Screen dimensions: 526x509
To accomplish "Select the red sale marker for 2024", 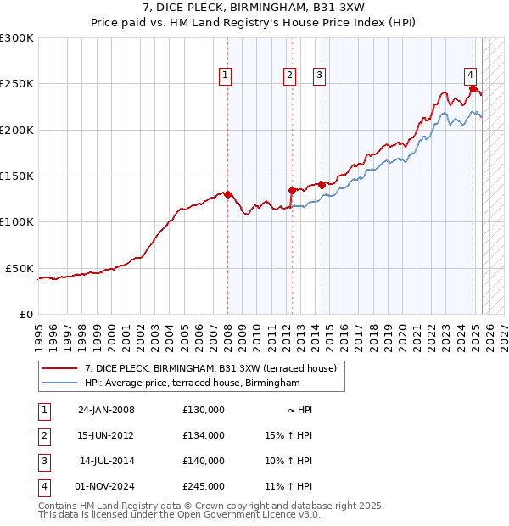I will click(473, 87).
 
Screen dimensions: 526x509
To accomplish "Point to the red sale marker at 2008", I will click(227, 194).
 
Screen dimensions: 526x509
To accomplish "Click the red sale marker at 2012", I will click(292, 190).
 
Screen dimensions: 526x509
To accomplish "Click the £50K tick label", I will click(20, 268).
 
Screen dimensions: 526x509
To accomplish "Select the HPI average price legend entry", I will click(192, 383).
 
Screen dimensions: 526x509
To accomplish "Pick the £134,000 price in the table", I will click(204, 435).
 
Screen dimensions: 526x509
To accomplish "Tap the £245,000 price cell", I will click(204, 486).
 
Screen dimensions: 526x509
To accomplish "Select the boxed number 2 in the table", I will click(43, 435).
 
